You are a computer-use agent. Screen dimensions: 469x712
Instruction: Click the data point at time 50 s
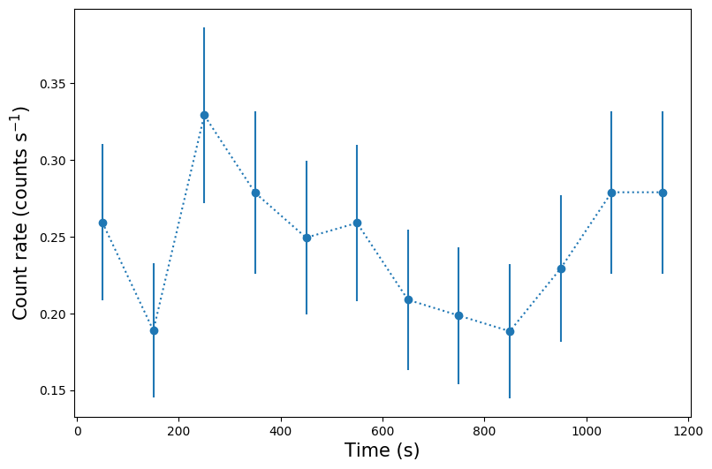pos(102,223)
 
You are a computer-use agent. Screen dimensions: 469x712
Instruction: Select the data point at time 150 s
pos(154,330)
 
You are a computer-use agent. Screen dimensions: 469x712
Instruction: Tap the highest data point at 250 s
pos(204,115)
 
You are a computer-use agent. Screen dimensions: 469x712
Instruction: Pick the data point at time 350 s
pos(255,193)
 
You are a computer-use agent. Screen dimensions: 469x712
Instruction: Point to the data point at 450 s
pos(307,238)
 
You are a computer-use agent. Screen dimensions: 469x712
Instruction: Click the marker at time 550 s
pos(357,223)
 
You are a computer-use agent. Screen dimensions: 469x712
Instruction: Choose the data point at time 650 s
pos(408,299)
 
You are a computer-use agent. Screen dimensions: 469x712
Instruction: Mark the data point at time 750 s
pos(458,315)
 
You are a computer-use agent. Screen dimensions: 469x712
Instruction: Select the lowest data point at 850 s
pos(510,331)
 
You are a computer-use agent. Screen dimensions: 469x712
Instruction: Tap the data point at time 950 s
pos(561,269)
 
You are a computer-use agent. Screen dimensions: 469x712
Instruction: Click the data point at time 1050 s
pos(611,193)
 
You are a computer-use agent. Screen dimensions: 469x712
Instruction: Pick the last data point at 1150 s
pos(663,193)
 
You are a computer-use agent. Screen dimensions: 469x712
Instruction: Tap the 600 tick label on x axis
pos(383,431)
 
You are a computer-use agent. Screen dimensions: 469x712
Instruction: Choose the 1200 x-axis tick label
pos(687,431)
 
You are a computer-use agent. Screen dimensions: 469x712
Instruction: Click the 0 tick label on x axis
pos(78,431)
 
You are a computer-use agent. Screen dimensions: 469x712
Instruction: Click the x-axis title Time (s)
pos(382,450)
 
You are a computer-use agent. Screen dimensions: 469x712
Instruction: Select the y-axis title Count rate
pos(21,212)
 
